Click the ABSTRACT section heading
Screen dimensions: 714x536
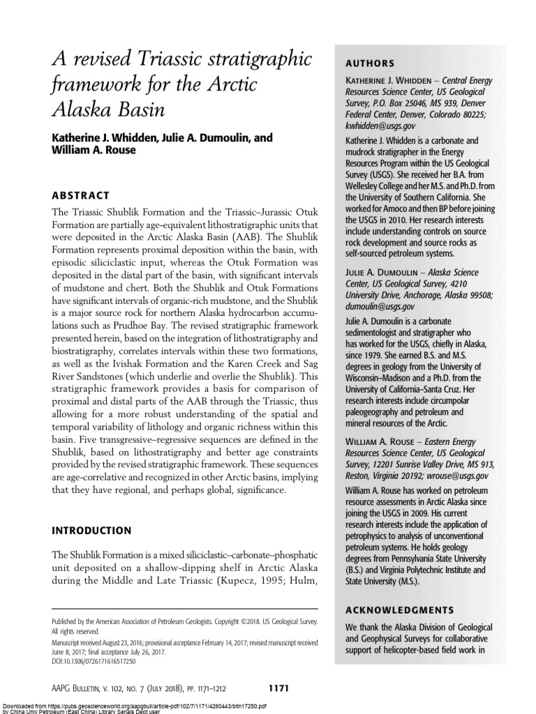point(80,196)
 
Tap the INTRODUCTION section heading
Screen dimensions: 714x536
point(92,531)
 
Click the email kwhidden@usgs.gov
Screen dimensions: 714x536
point(380,126)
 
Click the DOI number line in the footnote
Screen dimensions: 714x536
point(94,660)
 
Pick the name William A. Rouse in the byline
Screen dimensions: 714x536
point(91,151)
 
